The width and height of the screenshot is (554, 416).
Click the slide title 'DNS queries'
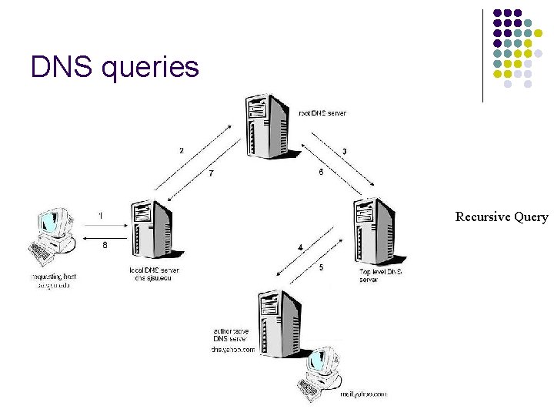tap(115, 67)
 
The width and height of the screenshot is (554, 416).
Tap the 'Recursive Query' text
tap(502, 217)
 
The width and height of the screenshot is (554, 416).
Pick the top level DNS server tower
tap(374, 230)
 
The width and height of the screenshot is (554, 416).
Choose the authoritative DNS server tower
tap(279, 324)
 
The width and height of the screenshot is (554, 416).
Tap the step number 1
tap(101, 214)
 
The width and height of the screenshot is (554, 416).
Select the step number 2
tap(182, 150)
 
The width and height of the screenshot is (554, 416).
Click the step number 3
tap(344, 151)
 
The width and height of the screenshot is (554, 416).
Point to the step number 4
tap(300, 247)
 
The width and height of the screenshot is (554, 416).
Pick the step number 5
tap(321, 267)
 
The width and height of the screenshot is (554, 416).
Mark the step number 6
tap(320, 173)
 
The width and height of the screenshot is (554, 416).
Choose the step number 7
tap(211, 173)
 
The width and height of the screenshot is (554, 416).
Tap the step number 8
tap(105, 245)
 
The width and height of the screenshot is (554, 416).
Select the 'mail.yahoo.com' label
tap(363, 394)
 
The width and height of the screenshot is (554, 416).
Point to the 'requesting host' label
tap(53, 276)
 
